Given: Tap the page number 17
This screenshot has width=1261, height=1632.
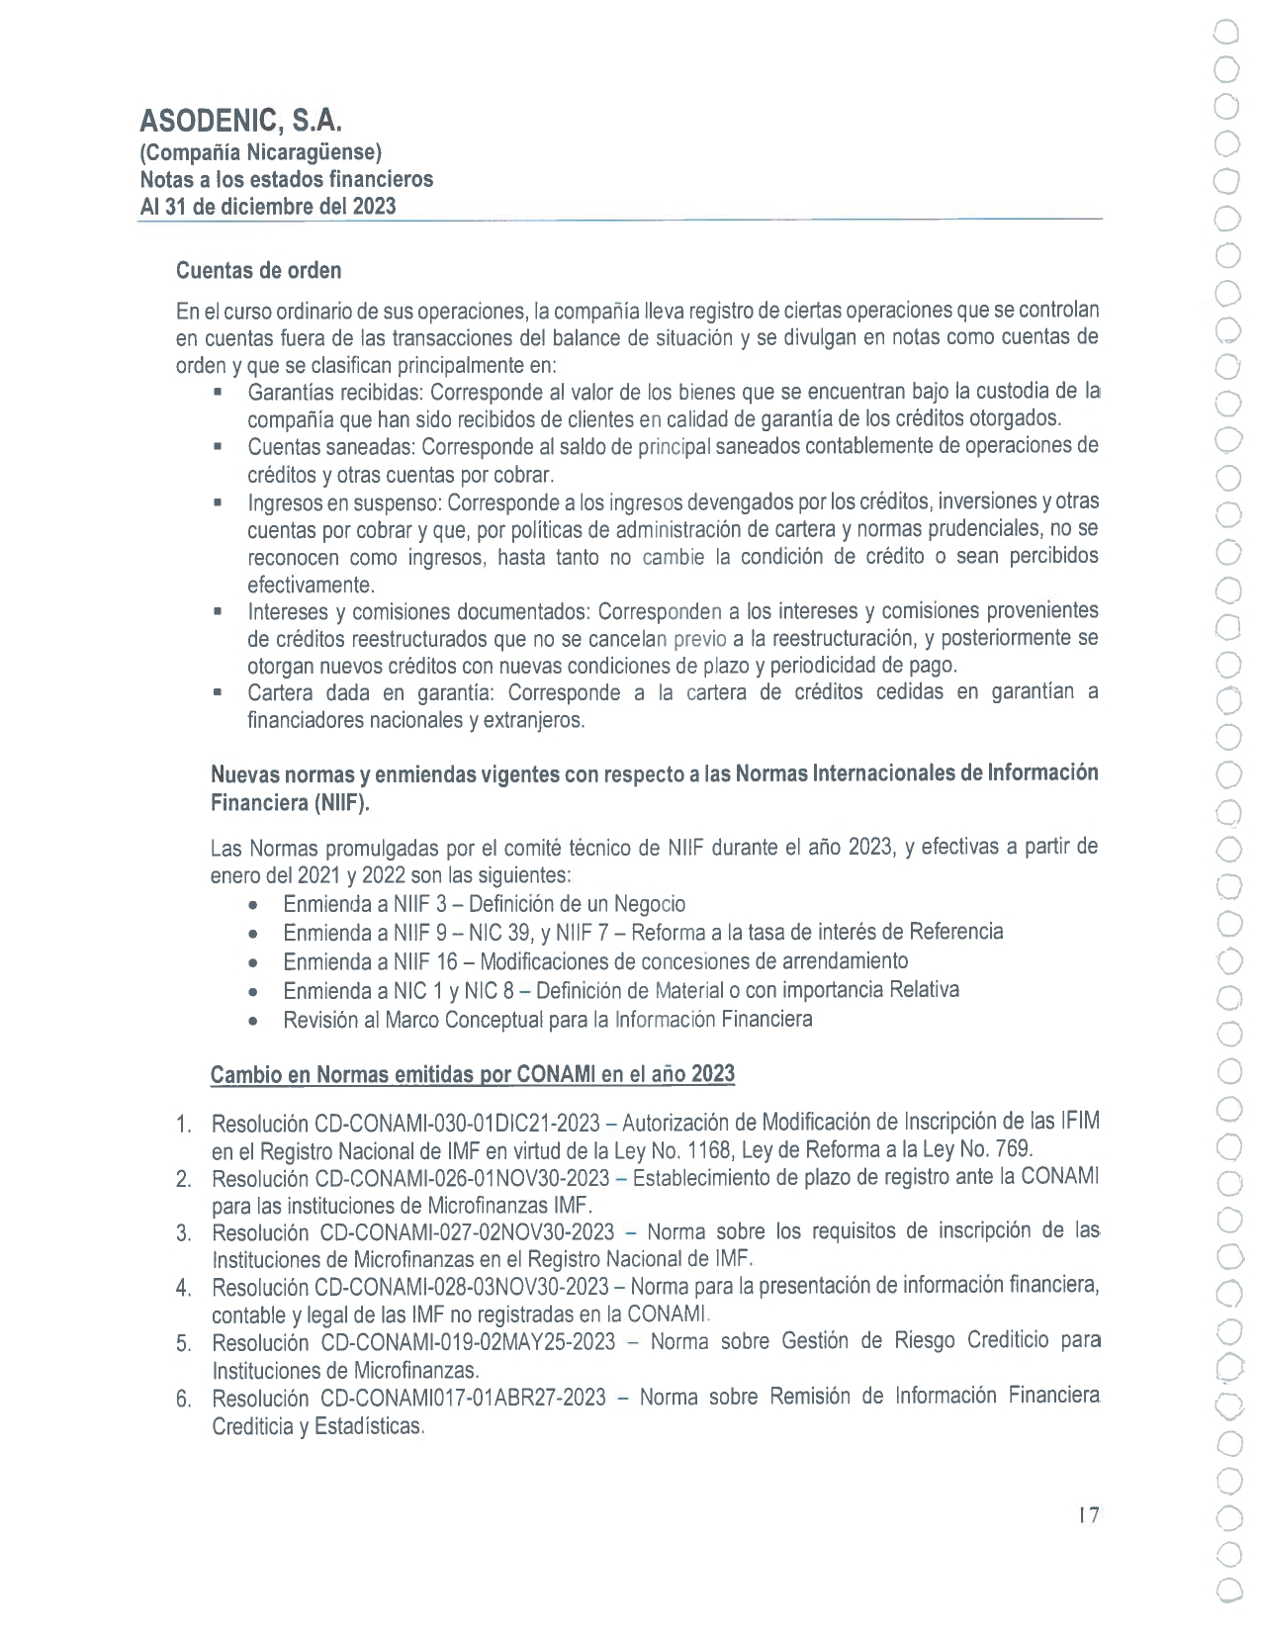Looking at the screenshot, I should coord(1089,1515).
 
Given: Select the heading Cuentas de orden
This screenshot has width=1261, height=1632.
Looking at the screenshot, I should coord(258,270).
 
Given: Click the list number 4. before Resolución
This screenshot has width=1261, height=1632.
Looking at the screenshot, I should coord(183,1289).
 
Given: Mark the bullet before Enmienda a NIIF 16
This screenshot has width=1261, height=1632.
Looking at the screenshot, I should coord(255,962).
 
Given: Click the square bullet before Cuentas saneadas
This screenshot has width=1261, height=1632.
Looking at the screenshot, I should coord(217,447).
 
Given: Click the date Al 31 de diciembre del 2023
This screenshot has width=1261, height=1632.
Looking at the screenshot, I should coord(268,207).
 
